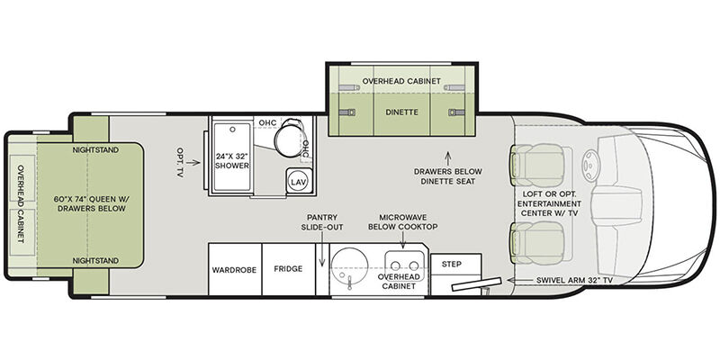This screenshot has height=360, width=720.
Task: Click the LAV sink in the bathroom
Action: [x=300, y=181]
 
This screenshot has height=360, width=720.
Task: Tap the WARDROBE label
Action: [x=234, y=270]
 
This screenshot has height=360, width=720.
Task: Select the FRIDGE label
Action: [x=288, y=268]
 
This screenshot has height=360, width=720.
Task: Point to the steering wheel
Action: [x=589, y=162]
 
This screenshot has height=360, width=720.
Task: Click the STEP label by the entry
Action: [x=452, y=264]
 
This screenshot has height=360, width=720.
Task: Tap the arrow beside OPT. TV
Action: [x=193, y=162]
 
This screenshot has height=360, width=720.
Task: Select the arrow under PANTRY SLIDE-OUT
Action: [x=322, y=248]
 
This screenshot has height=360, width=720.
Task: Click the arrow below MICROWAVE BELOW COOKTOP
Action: [x=402, y=239]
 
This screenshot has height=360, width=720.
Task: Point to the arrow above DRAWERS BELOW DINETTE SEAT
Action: [x=448, y=158]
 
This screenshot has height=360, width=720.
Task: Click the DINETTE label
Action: [x=402, y=112]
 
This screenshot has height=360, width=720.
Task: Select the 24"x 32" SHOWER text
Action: [x=232, y=161]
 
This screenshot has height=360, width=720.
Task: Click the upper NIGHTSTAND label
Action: [x=95, y=149]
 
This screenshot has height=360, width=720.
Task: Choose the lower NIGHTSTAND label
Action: [x=95, y=261]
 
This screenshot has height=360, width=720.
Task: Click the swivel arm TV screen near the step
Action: [x=476, y=284]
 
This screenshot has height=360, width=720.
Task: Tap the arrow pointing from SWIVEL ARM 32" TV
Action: [x=519, y=280]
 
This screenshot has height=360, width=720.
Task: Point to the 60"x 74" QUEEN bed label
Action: [x=90, y=204]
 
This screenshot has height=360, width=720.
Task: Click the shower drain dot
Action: [x=232, y=130]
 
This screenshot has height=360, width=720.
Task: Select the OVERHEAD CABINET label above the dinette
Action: [x=401, y=81]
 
